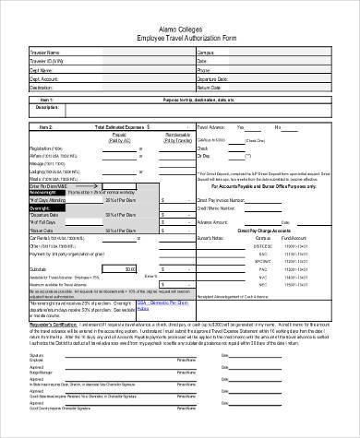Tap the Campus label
(x=205, y=53)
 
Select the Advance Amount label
(x=212, y=221)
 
